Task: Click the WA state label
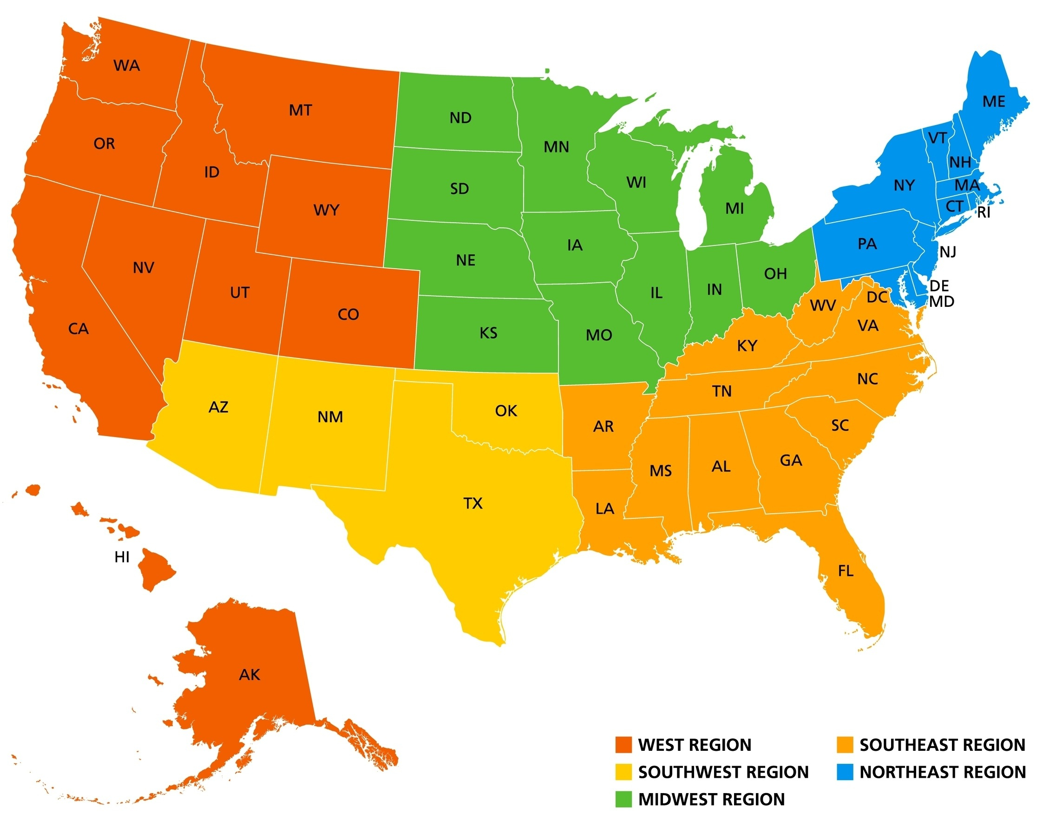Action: click(127, 66)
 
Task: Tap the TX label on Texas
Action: click(473, 503)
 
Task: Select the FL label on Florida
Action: click(846, 571)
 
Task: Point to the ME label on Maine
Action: click(993, 101)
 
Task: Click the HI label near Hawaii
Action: click(122, 557)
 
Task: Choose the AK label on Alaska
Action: click(249, 675)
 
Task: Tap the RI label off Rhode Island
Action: click(984, 212)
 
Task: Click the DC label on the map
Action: click(877, 297)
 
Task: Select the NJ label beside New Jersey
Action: click(948, 252)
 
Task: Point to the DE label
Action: click(939, 286)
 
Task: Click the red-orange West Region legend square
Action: click(623, 745)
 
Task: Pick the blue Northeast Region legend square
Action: click(845, 772)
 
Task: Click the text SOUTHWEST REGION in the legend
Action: click(723, 772)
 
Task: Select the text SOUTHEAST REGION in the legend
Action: click(943, 745)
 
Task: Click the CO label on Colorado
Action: click(348, 314)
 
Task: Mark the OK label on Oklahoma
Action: click(506, 410)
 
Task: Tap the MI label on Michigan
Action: click(734, 209)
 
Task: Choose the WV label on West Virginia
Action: click(823, 305)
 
